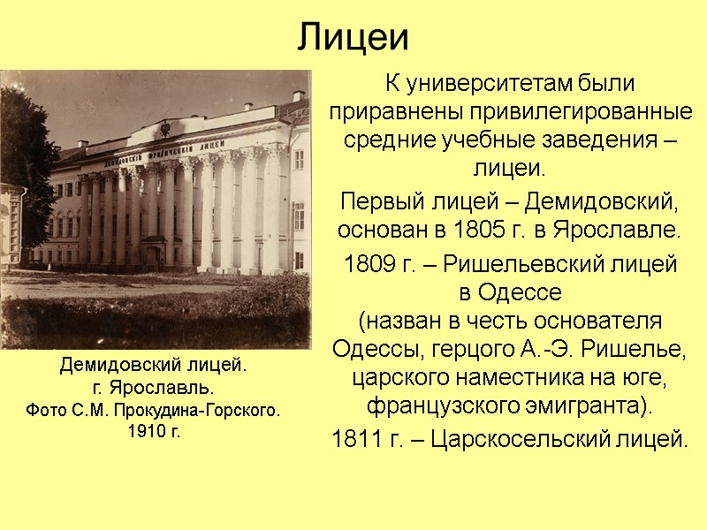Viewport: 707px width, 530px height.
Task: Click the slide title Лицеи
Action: coord(353,36)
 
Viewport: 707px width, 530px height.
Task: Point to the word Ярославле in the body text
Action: coord(619,232)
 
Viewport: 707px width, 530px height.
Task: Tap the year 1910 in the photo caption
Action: coord(141,432)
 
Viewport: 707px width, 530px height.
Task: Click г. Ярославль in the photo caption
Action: coord(154,388)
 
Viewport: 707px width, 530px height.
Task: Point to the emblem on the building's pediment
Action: coord(163,130)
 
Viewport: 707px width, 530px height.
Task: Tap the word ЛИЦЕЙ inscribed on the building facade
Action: coord(217,143)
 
